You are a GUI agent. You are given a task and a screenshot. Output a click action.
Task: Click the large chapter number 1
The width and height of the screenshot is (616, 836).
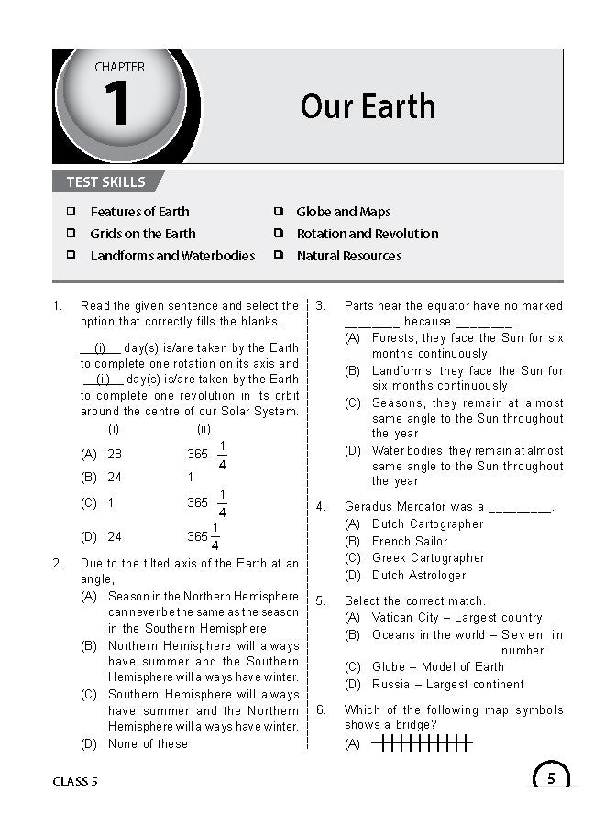click(116, 104)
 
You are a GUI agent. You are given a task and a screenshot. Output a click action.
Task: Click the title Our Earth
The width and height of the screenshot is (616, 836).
click(368, 106)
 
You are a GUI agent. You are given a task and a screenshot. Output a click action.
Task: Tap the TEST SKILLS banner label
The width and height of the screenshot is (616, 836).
click(105, 181)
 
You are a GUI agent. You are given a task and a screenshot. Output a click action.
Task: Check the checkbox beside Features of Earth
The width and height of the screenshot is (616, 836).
click(71, 212)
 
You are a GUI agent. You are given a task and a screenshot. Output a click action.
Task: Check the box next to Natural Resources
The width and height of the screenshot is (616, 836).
click(278, 256)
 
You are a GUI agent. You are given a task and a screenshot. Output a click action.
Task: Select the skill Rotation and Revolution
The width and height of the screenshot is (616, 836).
click(367, 234)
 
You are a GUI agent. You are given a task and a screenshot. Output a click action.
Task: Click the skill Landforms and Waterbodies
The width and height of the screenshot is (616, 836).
click(172, 256)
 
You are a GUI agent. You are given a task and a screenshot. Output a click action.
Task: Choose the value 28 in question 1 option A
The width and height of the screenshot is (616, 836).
click(115, 454)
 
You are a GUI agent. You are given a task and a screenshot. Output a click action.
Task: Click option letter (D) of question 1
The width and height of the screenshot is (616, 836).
click(89, 536)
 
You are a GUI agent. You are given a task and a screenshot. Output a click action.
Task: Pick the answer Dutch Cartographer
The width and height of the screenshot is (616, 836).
click(427, 523)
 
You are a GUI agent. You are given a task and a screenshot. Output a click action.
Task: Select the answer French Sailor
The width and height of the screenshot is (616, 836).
click(410, 541)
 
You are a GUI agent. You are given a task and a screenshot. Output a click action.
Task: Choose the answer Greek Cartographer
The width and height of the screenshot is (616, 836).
click(428, 557)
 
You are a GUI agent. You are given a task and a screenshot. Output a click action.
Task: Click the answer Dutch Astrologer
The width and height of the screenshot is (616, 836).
click(419, 575)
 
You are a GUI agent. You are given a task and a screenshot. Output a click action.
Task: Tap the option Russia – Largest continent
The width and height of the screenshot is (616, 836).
click(447, 684)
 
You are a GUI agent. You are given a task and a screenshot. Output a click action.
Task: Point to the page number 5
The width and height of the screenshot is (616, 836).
click(550, 779)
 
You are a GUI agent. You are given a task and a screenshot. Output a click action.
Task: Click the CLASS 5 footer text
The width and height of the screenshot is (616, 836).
click(75, 781)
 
